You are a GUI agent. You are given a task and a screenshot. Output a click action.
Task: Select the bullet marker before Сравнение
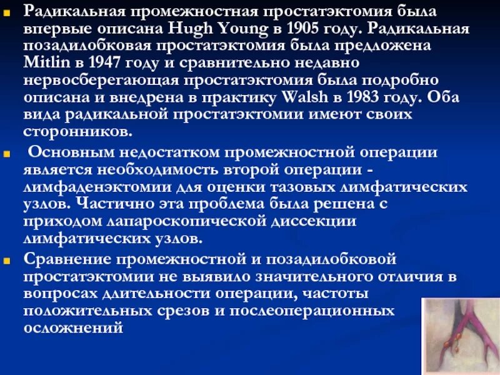pos(7,258)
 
